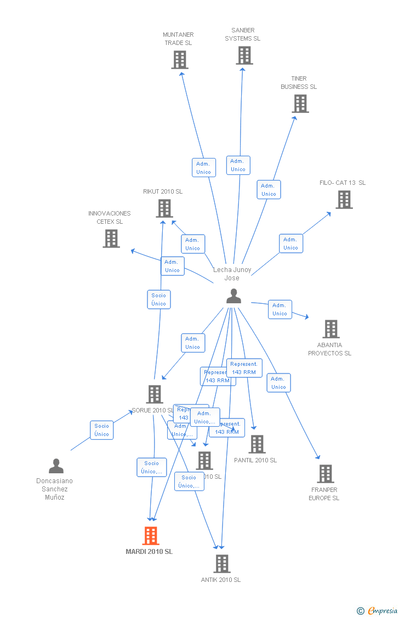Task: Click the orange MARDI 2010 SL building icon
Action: pyautogui.click(x=151, y=535)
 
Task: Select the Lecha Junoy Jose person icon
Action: pyautogui.click(x=233, y=296)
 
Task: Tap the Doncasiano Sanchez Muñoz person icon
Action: pyautogui.click(x=56, y=466)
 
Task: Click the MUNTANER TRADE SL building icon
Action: pyautogui.click(x=180, y=60)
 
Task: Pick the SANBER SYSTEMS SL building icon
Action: pyautogui.click(x=244, y=55)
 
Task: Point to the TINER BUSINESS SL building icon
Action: pyautogui.click(x=300, y=104)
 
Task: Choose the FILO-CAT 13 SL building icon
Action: pyautogui.click(x=344, y=200)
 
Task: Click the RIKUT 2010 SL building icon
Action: pyautogui.click(x=164, y=208)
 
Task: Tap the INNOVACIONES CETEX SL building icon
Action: pyautogui.click(x=111, y=239)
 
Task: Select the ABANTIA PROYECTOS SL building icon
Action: pyautogui.click(x=331, y=329)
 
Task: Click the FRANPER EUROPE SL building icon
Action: pyautogui.click(x=326, y=474)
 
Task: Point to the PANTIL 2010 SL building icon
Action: pyautogui.click(x=256, y=444)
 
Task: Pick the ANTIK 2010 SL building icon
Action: pyautogui.click(x=222, y=563)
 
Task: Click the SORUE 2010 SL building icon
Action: pyautogui.click(x=155, y=394)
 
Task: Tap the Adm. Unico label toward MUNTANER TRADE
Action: pyautogui.click(x=203, y=167)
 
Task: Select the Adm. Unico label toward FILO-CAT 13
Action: pyautogui.click(x=290, y=244)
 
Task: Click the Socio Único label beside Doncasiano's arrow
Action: pyautogui.click(x=101, y=430)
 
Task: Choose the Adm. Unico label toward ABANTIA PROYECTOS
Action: pyautogui.click(x=280, y=309)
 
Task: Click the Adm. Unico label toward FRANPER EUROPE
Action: pyautogui.click(x=278, y=383)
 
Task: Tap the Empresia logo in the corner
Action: pyautogui.click(x=378, y=610)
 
